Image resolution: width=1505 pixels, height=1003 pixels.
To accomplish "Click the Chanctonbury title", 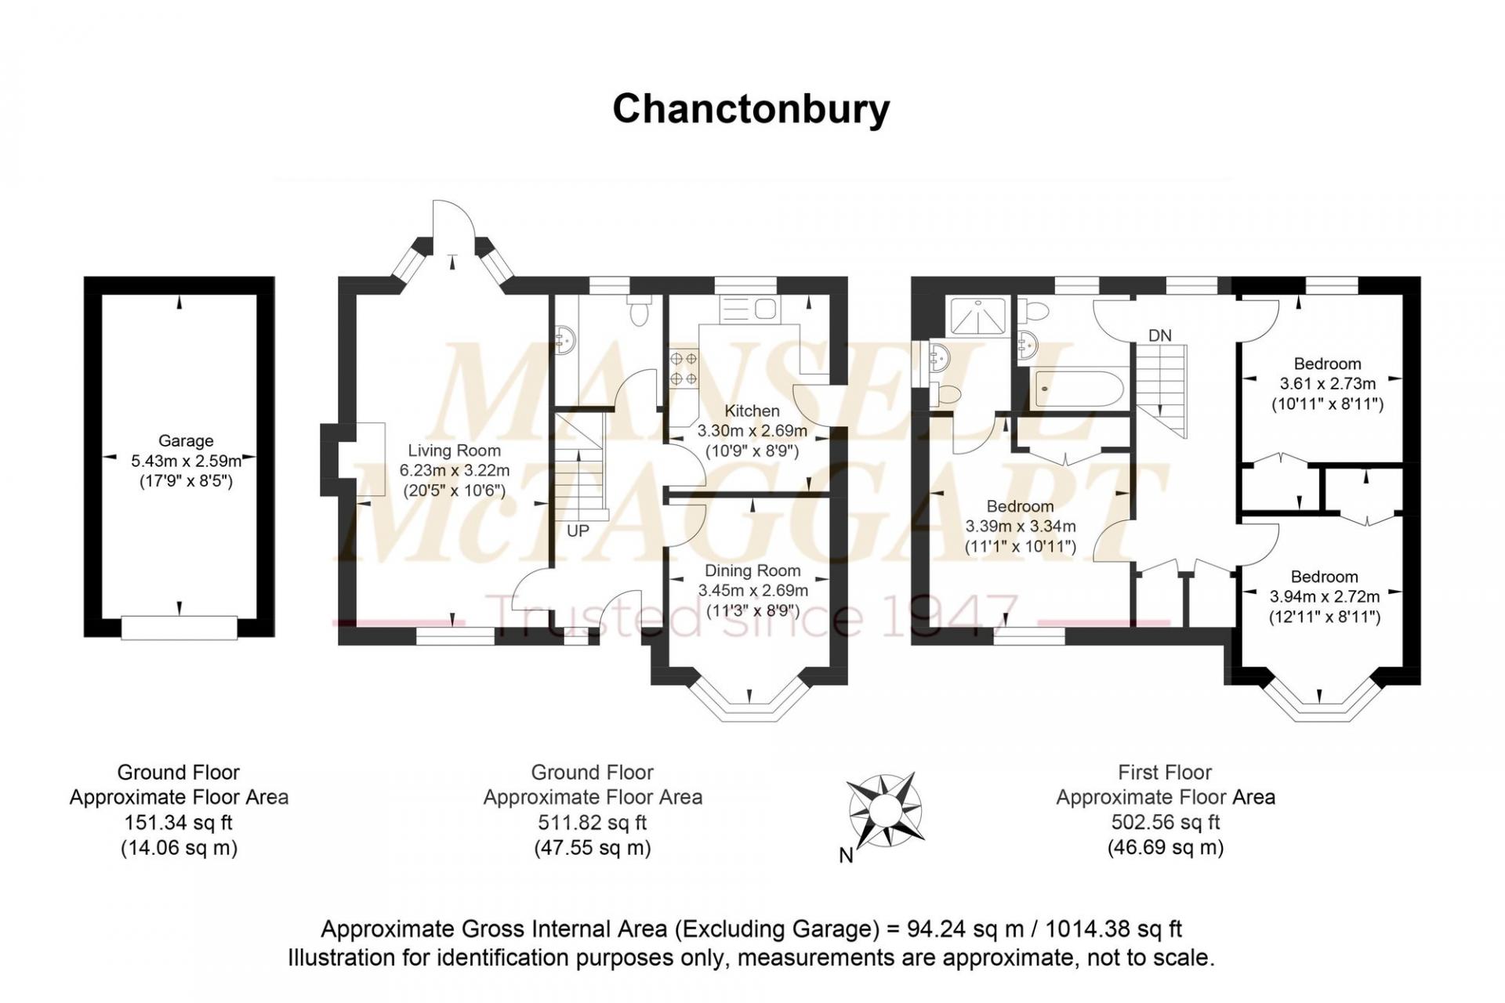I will pos(750,109).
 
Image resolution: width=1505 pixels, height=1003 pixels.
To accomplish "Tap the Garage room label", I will pos(186,441).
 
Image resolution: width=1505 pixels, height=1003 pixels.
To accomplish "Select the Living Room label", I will pos(454,451).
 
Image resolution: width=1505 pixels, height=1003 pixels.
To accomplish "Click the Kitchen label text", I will pos(752,411).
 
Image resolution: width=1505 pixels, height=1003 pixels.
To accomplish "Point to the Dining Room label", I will pos(752,570).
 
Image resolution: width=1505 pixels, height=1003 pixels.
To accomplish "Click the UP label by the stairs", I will pos(578,531).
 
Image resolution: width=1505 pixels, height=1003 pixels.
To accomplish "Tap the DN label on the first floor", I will pos(1159,335).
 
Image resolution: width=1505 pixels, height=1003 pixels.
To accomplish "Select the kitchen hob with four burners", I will pos(684,368).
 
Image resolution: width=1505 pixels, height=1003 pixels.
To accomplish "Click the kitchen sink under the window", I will pos(749,309).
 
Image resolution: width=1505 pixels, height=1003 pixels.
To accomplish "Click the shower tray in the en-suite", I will pos(977,316).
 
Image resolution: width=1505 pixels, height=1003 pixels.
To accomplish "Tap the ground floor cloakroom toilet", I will pos(640,310).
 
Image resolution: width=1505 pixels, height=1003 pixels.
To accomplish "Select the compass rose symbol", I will pos(884,810).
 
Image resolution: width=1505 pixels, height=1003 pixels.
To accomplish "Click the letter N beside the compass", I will pos(846,856).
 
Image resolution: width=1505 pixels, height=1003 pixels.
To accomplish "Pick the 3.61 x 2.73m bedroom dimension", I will pos(1327,384).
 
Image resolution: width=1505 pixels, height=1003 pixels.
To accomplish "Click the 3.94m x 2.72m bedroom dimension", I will pos(1325,597).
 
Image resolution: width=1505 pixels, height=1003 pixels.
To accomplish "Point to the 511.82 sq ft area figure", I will pos(592,823).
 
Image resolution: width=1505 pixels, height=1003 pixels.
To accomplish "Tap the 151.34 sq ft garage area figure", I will pos(179,823).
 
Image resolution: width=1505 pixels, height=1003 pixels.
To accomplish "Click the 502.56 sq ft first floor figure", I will pos(1165,822).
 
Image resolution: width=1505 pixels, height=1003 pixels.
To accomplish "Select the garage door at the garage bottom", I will pos(180,627).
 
